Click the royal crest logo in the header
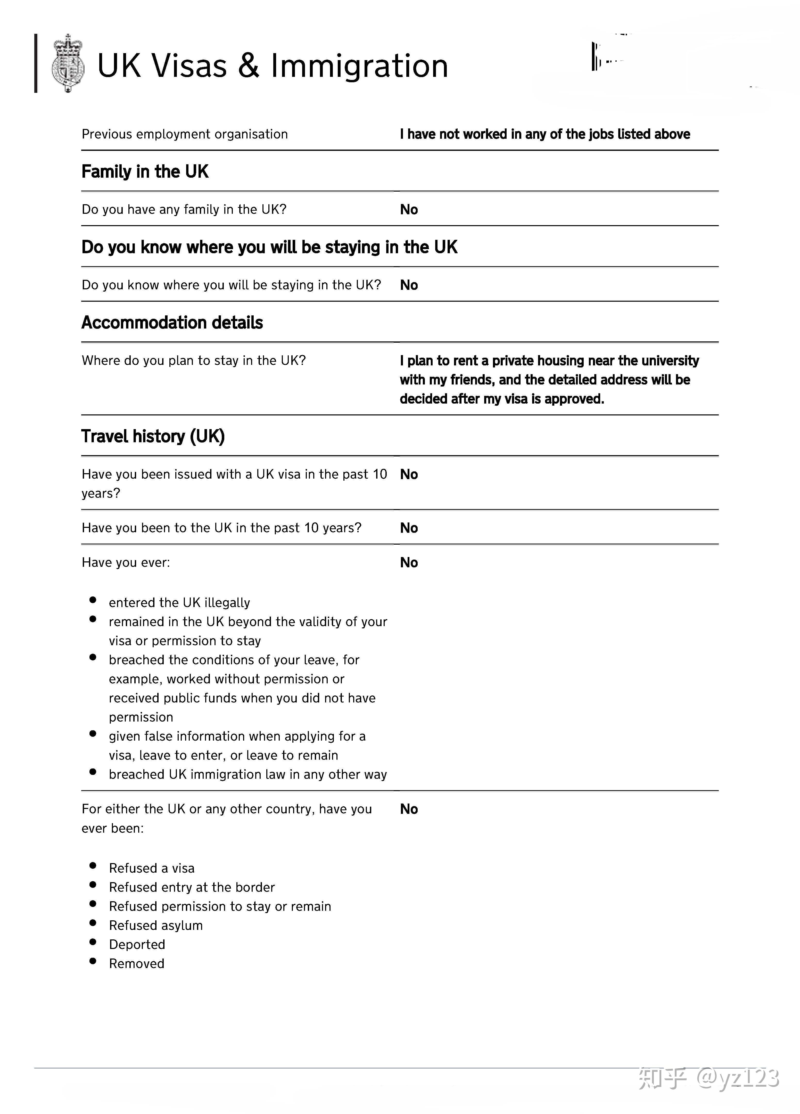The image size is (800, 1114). [x=68, y=63]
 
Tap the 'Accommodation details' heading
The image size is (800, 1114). [x=172, y=323]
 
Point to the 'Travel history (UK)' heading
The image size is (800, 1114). [x=153, y=436]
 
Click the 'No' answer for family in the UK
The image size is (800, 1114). [x=409, y=210]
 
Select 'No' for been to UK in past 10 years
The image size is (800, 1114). [x=409, y=528]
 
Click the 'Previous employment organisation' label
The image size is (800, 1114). [x=185, y=134]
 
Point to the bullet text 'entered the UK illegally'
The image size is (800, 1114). [x=179, y=603]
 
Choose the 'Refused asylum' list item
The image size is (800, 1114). [x=156, y=925]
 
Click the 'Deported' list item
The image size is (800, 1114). [x=137, y=945]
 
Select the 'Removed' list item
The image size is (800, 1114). [x=137, y=964]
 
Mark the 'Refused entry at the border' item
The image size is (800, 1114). [x=192, y=887]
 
